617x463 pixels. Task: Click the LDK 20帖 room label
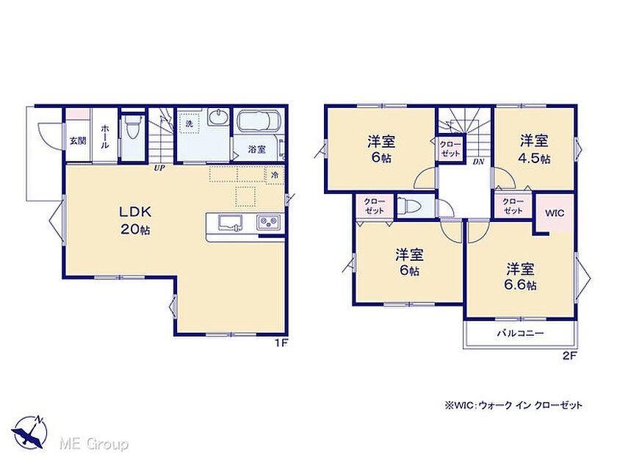point(135,220)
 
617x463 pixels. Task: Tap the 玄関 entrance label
point(78,140)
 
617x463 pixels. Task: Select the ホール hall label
point(105,136)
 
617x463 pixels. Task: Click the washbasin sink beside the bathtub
point(218,117)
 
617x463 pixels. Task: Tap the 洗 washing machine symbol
point(189,123)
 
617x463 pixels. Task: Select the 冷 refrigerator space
point(275,174)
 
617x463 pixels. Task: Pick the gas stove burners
point(269,223)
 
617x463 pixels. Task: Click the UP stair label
point(159,168)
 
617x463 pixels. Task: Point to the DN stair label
point(478,161)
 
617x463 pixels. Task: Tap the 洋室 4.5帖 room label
point(535,149)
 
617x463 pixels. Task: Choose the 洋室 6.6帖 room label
point(520,277)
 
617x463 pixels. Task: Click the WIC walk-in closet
point(555,213)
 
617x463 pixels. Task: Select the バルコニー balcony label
point(521,334)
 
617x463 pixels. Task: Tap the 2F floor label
point(569,356)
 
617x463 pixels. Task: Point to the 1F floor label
point(281,343)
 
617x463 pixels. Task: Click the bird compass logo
point(30,432)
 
